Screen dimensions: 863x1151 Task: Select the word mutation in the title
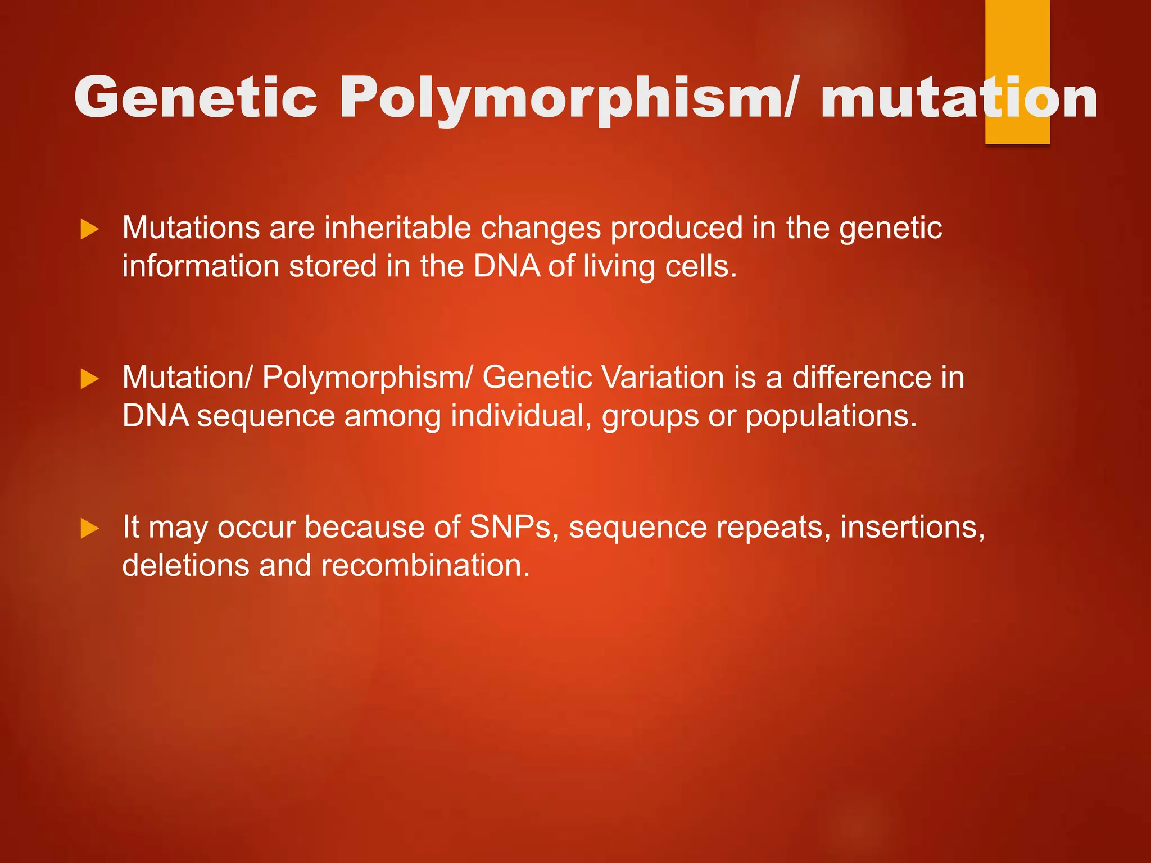(958, 98)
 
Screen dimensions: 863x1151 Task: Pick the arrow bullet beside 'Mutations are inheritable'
(90, 229)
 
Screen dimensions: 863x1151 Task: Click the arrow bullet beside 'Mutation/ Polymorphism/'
(90, 379)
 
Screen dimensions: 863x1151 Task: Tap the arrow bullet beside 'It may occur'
(90, 528)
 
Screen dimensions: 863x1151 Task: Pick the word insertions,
(912, 527)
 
